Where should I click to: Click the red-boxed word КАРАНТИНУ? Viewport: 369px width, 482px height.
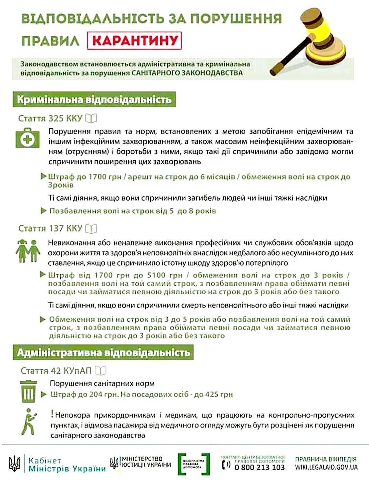(x=134, y=41)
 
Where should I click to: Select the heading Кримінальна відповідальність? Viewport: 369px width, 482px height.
(x=94, y=99)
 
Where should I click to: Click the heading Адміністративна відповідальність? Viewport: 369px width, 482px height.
(x=103, y=353)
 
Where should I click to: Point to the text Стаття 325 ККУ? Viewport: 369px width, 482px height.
(x=50, y=118)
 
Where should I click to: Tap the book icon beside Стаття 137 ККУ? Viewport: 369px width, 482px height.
(x=91, y=228)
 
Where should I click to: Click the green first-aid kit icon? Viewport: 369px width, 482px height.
(x=27, y=138)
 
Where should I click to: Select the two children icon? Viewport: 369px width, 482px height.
(x=28, y=251)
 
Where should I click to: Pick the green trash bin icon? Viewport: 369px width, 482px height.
(x=28, y=391)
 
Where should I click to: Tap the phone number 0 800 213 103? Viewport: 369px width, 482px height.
(x=260, y=467)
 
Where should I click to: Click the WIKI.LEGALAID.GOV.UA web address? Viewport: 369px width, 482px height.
(x=326, y=467)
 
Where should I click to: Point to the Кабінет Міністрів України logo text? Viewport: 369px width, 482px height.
(x=67, y=464)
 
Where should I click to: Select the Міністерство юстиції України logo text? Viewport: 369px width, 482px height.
(x=146, y=462)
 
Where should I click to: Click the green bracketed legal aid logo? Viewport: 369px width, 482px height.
(x=194, y=464)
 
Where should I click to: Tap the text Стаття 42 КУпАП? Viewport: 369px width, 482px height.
(x=56, y=371)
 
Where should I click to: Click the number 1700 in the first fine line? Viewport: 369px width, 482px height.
(x=98, y=177)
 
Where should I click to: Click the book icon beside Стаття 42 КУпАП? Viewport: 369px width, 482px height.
(x=101, y=371)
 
